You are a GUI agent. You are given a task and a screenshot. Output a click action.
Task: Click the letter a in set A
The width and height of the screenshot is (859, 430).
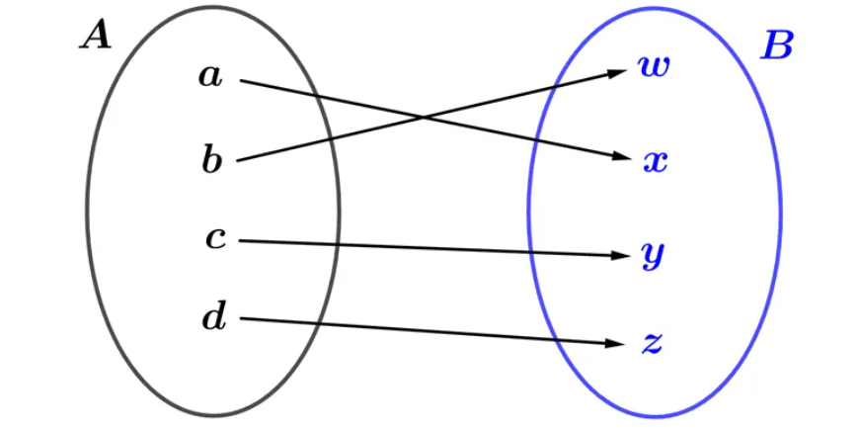pos(211,77)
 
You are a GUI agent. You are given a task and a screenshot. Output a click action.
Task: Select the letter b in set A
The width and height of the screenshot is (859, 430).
pos(212,161)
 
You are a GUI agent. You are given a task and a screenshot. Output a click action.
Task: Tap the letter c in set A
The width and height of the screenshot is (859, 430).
pos(216,239)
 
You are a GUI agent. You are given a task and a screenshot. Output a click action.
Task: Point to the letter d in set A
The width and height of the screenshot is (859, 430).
pos(213,317)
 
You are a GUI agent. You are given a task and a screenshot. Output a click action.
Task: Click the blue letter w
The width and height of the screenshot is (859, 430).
pos(653,66)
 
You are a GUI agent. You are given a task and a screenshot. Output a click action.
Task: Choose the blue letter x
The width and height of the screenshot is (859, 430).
pos(655,162)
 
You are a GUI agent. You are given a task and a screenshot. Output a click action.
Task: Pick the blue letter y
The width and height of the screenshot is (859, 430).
pos(653,256)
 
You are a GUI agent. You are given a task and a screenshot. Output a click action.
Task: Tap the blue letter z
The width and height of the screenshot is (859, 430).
pos(653,344)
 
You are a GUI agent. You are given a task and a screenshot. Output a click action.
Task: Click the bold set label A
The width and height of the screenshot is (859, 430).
pos(97,37)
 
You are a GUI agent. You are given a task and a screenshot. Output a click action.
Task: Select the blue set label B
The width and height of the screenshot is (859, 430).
pos(776,47)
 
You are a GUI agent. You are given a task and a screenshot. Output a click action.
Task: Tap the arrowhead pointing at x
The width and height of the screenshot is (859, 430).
pos(617,156)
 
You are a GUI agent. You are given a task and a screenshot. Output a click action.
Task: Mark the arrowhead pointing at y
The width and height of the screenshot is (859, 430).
pos(618,256)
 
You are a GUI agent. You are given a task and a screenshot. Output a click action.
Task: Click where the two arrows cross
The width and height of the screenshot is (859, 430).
pos(424,118)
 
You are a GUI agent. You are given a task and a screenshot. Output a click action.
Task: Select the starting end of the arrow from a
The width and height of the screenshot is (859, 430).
pos(241,81)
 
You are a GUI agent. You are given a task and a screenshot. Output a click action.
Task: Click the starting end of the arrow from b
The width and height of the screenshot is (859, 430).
pos(238,161)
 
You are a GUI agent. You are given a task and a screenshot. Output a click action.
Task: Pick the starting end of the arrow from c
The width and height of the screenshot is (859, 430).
pos(240,241)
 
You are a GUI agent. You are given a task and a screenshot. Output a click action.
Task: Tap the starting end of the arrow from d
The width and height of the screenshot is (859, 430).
pos(241,318)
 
